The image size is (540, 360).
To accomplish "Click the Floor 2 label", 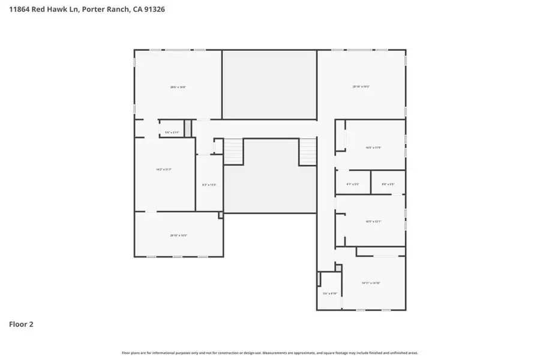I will pyautogui.click(x=21, y=325).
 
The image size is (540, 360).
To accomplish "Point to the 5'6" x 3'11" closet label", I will pyautogui.click(x=172, y=132).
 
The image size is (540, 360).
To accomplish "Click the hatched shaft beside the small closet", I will pyautogui.click(x=187, y=128).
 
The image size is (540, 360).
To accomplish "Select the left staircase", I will pyautogui.click(x=234, y=151).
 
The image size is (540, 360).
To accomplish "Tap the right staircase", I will pyautogui.click(x=307, y=151).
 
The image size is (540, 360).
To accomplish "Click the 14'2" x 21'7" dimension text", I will pyautogui.click(x=164, y=170).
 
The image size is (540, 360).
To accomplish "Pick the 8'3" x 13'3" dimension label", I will pyautogui.click(x=209, y=185).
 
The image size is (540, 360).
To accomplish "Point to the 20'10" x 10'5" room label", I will pyautogui.click(x=179, y=235).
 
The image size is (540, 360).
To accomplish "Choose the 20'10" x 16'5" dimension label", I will pyautogui.click(x=361, y=87).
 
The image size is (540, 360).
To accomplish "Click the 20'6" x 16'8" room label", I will pyautogui.click(x=178, y=88).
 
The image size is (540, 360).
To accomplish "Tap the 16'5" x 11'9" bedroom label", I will pyautogui.click(x=373, y=148).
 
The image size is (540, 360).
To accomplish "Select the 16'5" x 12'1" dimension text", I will pyautogui.click(x=373, y=222).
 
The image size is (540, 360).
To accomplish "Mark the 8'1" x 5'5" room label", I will pyautogui.click(x=352, y=184).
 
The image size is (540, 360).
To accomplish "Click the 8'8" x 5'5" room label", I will pyautogui.click(x=388, y=184).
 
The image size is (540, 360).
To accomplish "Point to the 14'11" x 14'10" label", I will pyautogui.click(x=371, y=283).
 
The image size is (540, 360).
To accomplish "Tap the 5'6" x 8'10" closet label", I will pyautogui.click(x=330, y=293).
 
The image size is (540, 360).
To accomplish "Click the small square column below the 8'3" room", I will pyautogui.click(x=221, y=215).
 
